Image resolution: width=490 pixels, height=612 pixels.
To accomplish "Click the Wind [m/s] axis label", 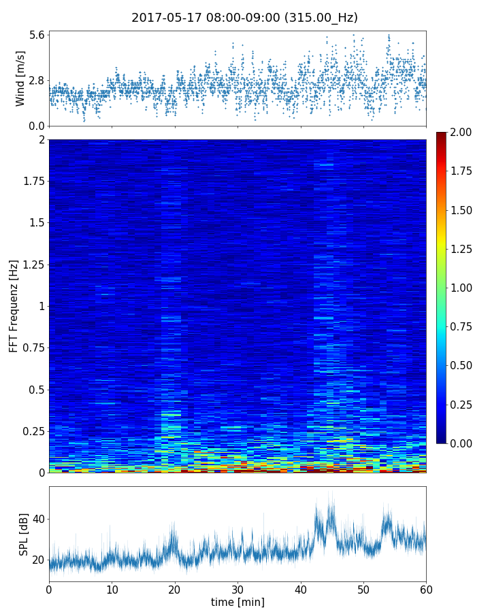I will [x=20, y=78].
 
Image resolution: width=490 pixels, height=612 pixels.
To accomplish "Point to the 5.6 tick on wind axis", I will [x=36, y=35].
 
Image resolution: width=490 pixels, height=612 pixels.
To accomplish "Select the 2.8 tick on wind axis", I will [x=36, y=80].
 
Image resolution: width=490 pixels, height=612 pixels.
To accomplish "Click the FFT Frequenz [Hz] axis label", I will [x=14, y=306].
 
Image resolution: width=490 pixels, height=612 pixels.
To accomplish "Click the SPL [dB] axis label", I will [x=24, y=533].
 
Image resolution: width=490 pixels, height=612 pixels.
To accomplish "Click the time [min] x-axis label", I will [x=238, y=602].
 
